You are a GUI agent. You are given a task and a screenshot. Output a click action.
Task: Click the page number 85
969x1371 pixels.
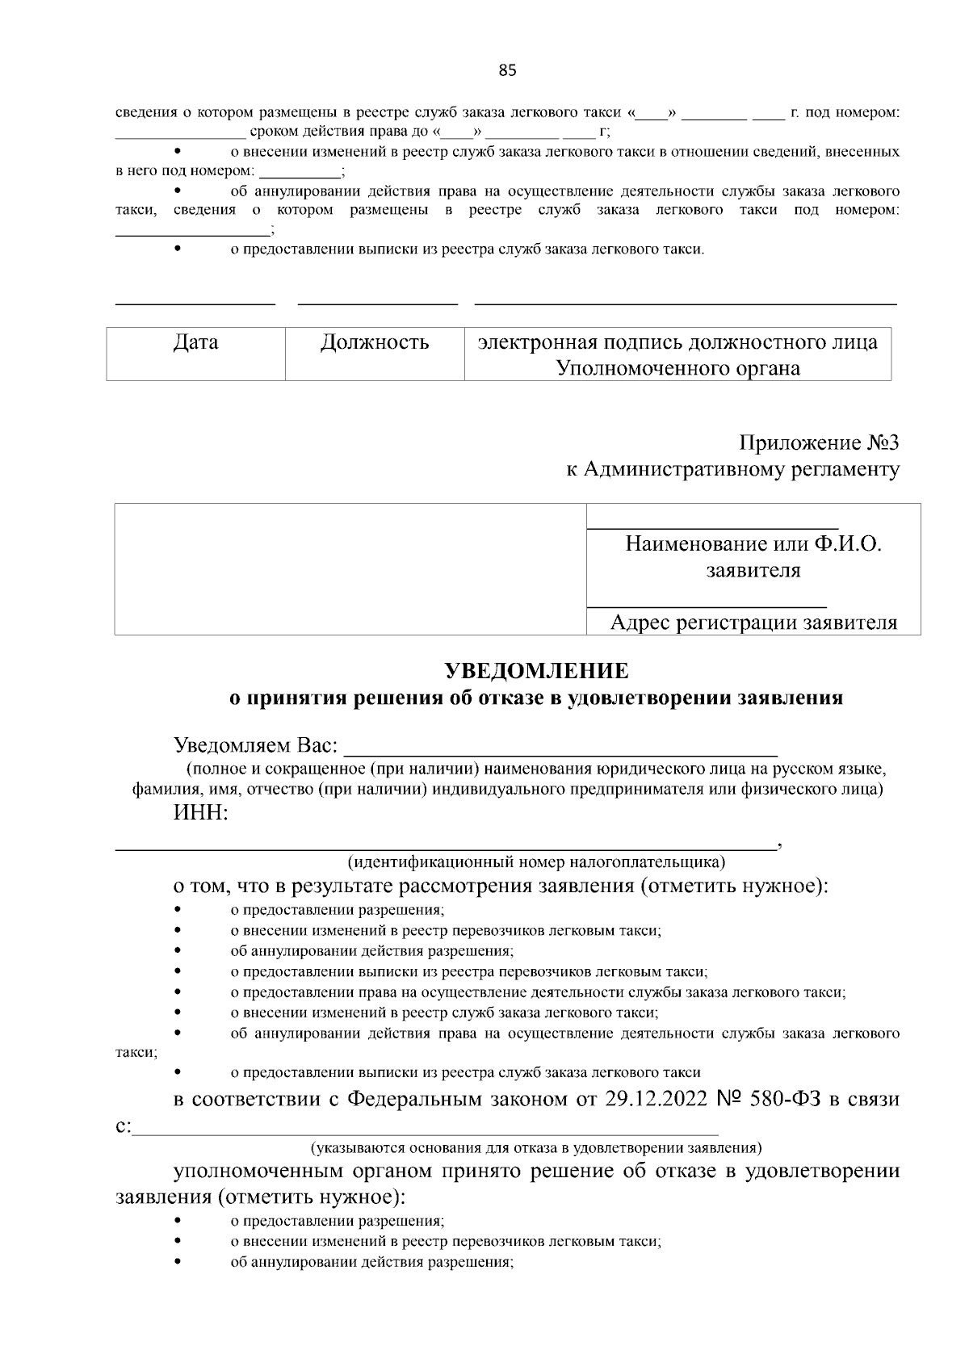507,70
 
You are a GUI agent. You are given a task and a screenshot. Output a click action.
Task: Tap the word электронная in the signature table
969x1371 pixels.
538,342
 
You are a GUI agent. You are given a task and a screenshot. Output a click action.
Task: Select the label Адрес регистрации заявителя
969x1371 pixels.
753,623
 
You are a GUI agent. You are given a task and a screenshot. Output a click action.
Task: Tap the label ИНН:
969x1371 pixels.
201,813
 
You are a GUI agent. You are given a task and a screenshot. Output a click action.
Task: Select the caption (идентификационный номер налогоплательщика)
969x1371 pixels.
536,862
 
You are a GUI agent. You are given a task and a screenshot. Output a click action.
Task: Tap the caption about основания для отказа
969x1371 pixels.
536,1147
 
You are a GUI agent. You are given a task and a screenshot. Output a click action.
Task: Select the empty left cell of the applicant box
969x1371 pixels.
350,569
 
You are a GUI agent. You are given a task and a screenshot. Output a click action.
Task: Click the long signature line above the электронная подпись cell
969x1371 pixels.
685,304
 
